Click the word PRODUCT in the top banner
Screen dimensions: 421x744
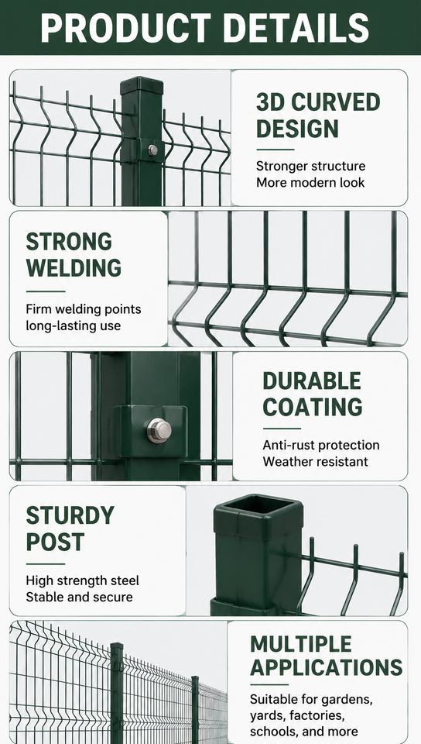pos(125,28)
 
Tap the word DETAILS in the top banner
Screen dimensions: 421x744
pos(296,28)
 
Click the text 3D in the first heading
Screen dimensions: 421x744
pos(270,102)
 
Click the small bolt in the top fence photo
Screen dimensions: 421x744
pos(152,150)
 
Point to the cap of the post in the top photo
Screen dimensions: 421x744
pos(142,85)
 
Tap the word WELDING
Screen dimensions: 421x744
pos(74,268)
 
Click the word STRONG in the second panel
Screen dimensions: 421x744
pos(69,242)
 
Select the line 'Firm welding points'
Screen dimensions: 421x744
pos(84,309)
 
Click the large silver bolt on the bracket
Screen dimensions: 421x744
pos(159,430)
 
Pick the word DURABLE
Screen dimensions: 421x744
pos(312,381)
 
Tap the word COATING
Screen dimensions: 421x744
pos(313,407)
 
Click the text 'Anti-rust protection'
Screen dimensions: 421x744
pos(321,445)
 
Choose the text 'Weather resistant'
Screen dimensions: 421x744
pos(316,461)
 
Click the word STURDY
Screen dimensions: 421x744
pos(70,515)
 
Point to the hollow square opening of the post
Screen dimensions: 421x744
pos(258,504)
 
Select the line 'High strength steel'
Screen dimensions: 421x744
pos(82,580)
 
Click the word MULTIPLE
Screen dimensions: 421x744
pos(301,644)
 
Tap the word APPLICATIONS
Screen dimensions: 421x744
pos(327,667)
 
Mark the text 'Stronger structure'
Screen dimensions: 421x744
pos(310,166)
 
